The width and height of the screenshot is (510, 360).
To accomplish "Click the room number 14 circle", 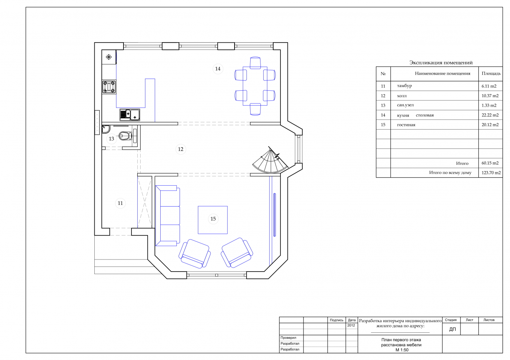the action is (218, 69).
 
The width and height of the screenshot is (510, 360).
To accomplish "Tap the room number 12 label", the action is (181, 149).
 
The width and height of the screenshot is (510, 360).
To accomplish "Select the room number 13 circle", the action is (111, 139).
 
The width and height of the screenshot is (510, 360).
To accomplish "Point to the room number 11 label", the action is (120, 203).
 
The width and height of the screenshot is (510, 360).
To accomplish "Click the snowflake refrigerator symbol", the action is (109, 57).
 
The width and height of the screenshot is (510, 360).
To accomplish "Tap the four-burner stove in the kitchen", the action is (109, 87).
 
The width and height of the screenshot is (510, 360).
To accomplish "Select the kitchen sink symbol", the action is (130, 115).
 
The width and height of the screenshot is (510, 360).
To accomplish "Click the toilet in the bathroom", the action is (125, 136).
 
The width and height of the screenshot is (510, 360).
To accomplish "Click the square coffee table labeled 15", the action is (213, 220).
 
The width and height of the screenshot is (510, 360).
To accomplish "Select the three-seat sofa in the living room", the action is (168, 215).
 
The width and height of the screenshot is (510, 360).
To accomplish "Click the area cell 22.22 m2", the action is (490, 115).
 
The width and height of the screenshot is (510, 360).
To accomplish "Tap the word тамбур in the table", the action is (404, 86).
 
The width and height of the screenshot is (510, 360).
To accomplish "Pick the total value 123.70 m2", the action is (491, 173).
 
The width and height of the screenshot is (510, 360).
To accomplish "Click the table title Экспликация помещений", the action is (441, 63).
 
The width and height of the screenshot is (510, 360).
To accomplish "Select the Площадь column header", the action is (491, 74).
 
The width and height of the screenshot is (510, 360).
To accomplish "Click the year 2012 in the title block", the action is (351, 325).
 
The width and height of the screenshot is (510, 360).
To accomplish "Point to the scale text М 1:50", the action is (402, 350).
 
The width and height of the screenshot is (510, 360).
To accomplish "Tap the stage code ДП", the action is (452, 329).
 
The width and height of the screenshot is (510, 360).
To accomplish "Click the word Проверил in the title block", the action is (288, 338).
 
